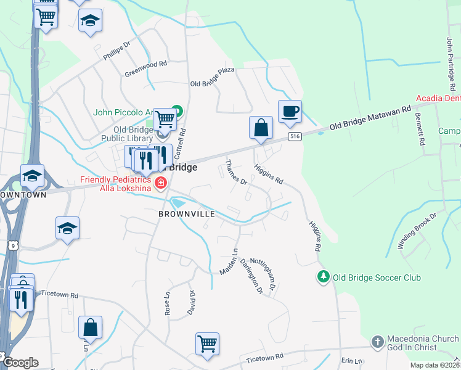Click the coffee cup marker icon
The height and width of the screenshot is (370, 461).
(x=290, y=112)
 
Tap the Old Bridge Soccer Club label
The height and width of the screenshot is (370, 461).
(x=377, y=277)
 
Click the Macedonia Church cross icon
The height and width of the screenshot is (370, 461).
(x=377, y=341)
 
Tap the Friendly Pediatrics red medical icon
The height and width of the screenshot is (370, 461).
(x=161, y=183)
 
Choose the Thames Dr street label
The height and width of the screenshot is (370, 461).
(x=235, y=173)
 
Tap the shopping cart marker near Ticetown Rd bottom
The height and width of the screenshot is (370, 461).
(x=208, y=343)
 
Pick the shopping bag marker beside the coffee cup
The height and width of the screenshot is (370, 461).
(x=261, y=128)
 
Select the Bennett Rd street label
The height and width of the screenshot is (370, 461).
(x=422, y=133)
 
